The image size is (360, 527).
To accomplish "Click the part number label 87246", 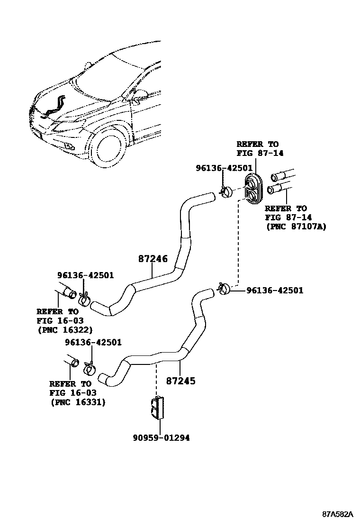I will tap(153, 259).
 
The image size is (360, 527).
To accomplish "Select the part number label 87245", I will tap(180, 380).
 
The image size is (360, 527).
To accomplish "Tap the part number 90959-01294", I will tap(161, 438).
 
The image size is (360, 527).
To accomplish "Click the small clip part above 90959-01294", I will tap(156, 407).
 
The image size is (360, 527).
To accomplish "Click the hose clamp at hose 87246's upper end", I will tap(227, 191).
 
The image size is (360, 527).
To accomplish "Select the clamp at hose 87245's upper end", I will tap(224, 288).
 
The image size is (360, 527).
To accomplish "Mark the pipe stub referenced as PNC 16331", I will tap(72, 361).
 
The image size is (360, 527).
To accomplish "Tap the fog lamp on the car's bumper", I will tap(70, 146).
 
